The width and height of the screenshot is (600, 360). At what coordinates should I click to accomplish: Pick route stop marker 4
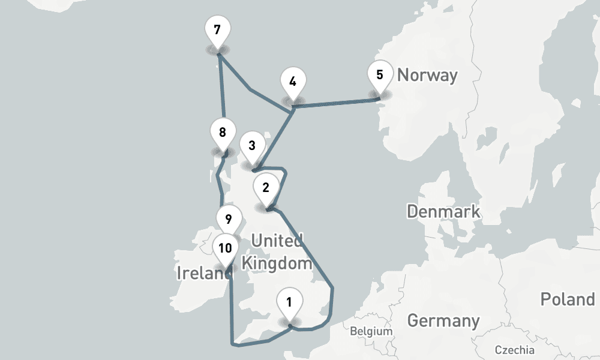click(292, 82)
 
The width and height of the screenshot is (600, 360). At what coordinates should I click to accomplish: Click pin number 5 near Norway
click(379, 76)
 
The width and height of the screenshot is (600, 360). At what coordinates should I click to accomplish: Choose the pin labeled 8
click(223, 133)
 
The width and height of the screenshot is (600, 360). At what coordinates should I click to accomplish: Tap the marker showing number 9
click(229, 219)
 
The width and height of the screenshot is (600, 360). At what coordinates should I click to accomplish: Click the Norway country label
click(427, 76)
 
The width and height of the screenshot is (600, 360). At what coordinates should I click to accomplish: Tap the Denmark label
click(443, 211)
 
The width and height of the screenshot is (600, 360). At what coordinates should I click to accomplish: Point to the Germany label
click(443, 320)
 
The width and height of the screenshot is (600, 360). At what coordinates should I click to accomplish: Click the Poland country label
click(567, 299)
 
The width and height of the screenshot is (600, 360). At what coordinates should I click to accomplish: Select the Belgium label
click(371, 331)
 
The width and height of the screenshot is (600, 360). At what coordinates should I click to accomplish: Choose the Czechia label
click(514, 350)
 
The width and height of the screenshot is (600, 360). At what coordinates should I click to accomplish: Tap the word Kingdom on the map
click(276, 263)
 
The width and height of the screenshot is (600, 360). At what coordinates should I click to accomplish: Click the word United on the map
click(277, 241)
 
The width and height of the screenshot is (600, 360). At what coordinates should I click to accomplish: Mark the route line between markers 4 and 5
click(336, 104)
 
